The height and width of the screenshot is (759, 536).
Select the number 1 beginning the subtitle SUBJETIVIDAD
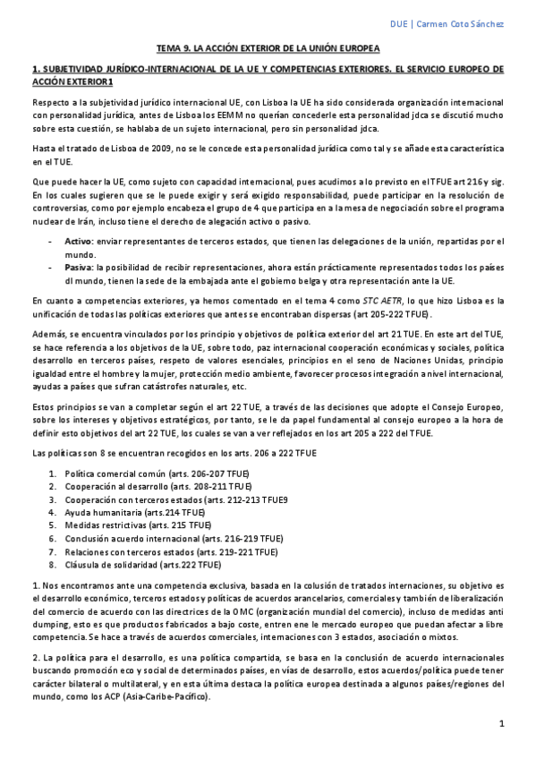point(33,69)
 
